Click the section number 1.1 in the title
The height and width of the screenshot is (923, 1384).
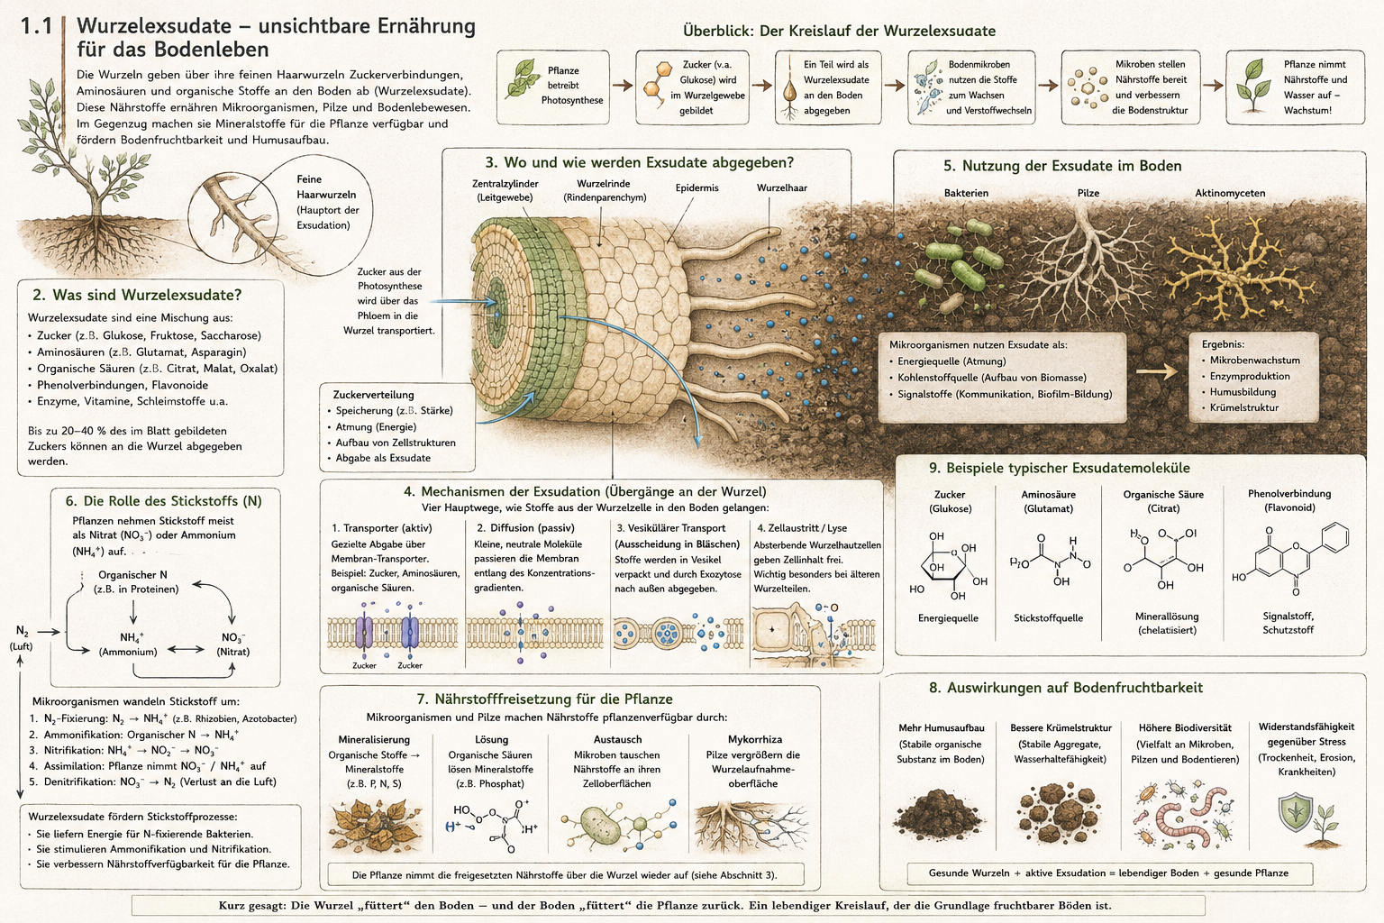tap(36, 26)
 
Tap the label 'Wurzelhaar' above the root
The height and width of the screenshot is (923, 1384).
tap(781, 188)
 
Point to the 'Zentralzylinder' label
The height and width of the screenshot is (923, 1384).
tap(505, 184)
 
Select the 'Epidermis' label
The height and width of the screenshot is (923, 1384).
tap(697, 188)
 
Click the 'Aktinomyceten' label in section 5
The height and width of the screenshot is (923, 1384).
tap(1230, 193)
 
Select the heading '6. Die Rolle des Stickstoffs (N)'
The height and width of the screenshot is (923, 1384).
tap(164, 501)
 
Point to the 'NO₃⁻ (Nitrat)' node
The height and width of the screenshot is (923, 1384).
tap(233, 644)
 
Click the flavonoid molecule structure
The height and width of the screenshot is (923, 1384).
tap(1290, 559)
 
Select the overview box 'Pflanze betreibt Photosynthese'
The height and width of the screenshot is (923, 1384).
tap(553, 87)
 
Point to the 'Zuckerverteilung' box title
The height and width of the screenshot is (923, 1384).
tap(373, 395)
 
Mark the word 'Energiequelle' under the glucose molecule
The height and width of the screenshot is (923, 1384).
tap(948, 618)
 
